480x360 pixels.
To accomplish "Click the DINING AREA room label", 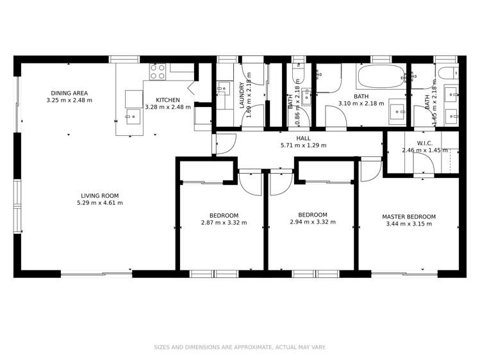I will click(x=69, y=92).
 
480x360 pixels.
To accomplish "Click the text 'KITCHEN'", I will click(x=168, y=99).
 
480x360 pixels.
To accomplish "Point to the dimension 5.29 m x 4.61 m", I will click(x=99, y=203).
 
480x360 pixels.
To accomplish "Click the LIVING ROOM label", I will click(x=99, y=195).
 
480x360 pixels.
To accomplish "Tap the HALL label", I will click(x=303, y=138).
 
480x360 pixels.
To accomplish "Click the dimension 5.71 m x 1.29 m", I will click(x=303, y=145).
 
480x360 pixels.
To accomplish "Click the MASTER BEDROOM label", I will click(x=409, y=217).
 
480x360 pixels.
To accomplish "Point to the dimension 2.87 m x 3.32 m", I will click(x=224, y=223).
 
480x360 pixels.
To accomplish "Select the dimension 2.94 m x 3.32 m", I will click(x=313, y=222).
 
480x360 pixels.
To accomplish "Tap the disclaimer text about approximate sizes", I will click(x=240, y=347).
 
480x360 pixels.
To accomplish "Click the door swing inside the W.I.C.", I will click(x=424, y=165).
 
